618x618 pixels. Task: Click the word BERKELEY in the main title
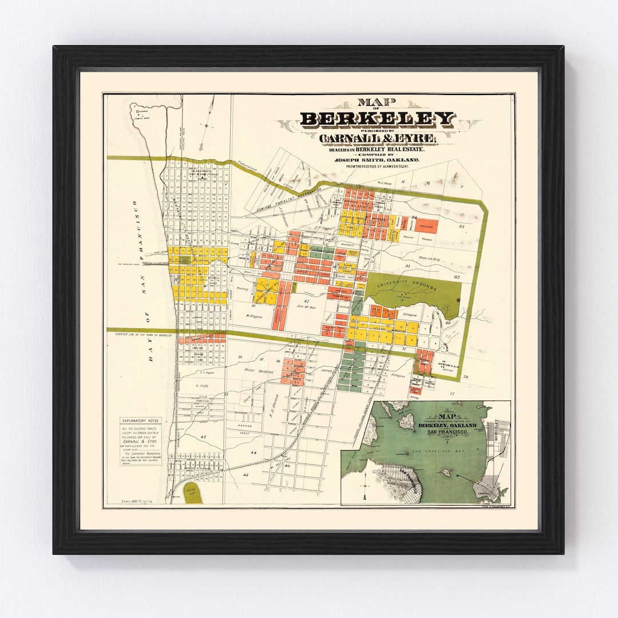coord(378,119)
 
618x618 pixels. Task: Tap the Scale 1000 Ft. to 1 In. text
coord(139,501)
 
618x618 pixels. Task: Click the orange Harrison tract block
coord(426,225)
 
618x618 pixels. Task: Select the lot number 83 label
coord(461,227)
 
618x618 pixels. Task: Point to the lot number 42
coord(203,437)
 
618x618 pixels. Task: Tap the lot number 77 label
coord(452,394)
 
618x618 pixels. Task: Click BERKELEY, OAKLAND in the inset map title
coord(447,426)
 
